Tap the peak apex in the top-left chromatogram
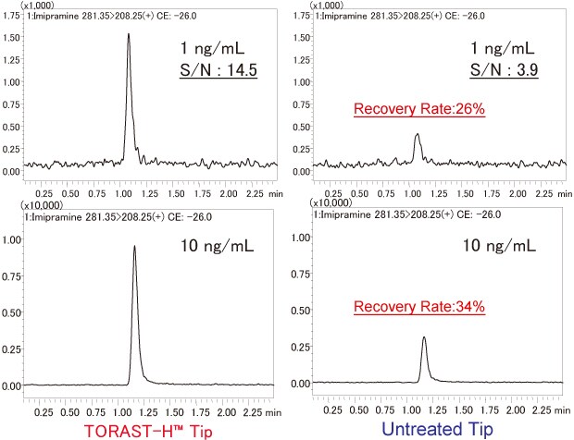click(x=129, y=34)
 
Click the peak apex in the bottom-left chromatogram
click(x=135, y=246)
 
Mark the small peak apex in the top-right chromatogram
click(x=418, y=134)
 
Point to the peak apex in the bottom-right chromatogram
click(x=423, y=337)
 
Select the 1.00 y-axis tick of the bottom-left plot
click(x=11, y=239)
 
